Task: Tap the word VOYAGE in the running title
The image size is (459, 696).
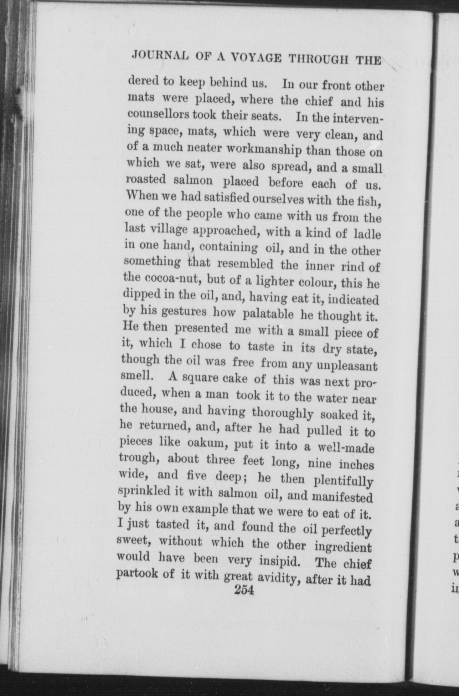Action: [258, 57]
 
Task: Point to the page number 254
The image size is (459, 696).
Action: [244, 590]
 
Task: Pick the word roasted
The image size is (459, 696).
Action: [146, 179]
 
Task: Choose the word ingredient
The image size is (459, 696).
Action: [343, 547]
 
